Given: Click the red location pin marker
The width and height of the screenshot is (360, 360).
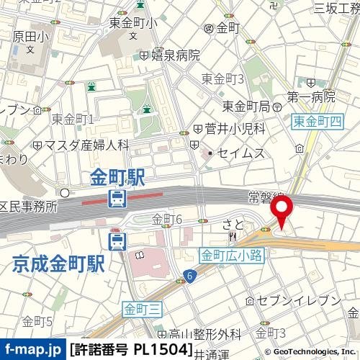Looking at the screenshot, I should [280, 212].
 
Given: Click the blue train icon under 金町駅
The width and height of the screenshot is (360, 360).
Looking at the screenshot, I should [117, 198].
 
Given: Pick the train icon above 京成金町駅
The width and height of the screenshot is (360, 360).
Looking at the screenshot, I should [117, 240].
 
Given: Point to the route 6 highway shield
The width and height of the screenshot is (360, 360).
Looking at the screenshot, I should [189, 275].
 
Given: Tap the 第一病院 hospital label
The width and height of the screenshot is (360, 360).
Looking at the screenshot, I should [311, 96].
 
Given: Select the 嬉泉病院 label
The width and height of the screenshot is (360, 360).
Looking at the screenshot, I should [174, 55].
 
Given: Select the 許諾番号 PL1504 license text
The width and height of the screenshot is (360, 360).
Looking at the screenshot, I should [131, 350].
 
